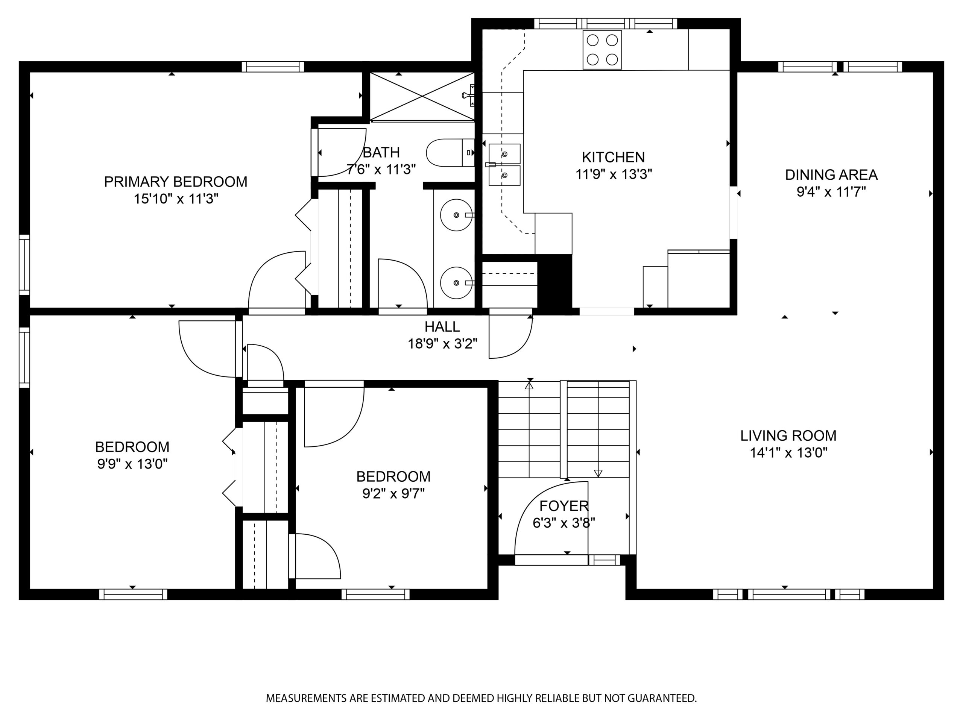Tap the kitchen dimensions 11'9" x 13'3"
tap(614, 174)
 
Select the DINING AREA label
tap(831, 174)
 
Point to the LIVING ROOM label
tap(788, 435)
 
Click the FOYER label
tap(564, 506)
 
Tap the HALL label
tap(442, 326)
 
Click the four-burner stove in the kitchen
tap(602, 50)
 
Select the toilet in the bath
tap(450, 153)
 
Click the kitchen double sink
tap(504, 164)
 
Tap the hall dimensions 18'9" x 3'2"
tap(442, 344)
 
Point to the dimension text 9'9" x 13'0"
tap(132, 464)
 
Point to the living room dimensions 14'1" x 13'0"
tap(788, 453)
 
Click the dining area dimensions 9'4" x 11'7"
tap(831, 192)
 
